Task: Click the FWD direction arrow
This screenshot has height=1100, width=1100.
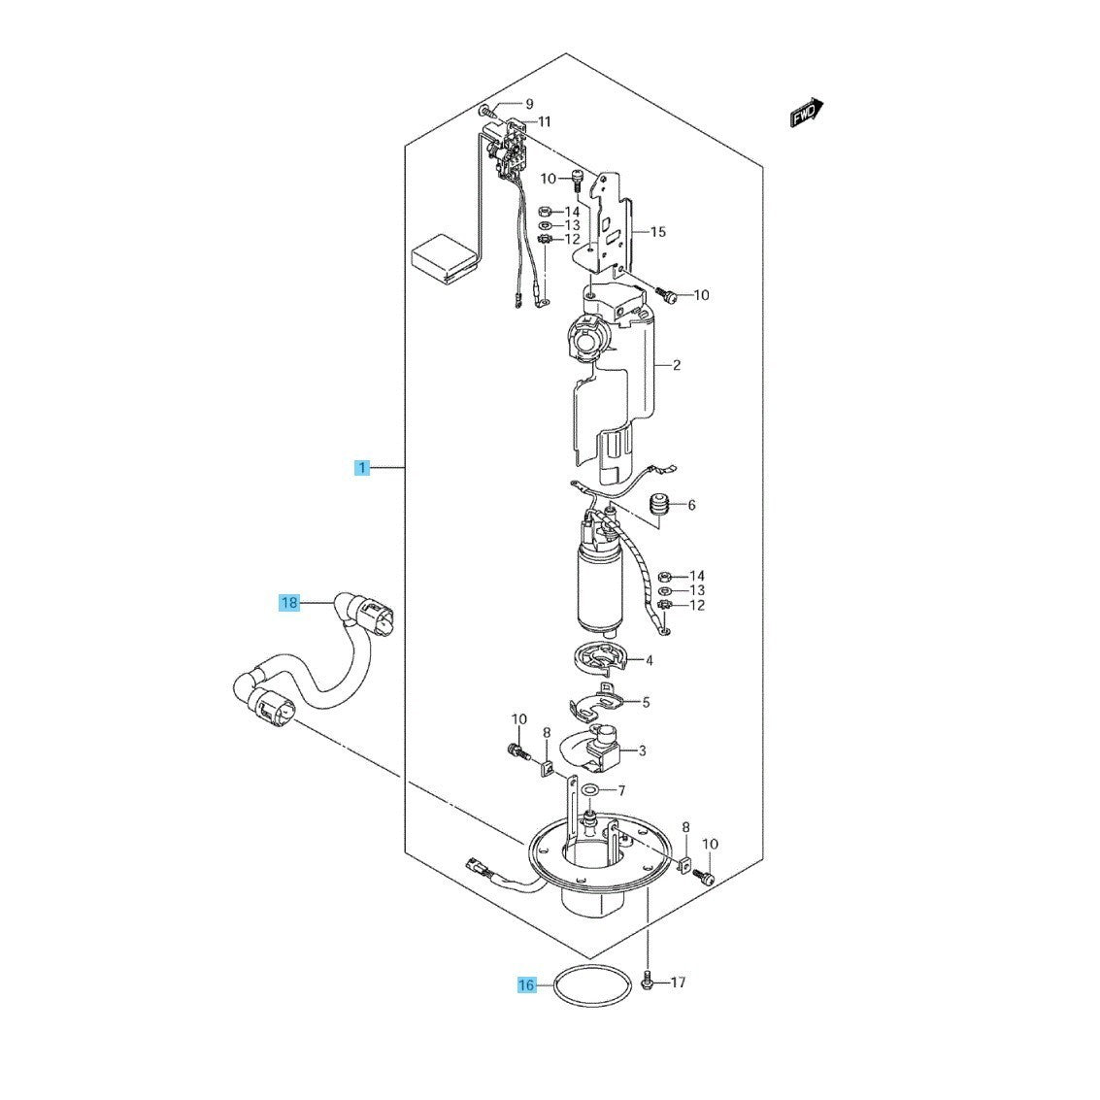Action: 807,113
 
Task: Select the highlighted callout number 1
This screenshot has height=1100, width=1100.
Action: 362,467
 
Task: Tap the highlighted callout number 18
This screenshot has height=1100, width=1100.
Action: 289,603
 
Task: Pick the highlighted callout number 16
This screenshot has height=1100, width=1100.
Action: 526,985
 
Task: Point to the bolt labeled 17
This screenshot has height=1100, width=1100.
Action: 649,981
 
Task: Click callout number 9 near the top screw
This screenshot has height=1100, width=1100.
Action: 529,104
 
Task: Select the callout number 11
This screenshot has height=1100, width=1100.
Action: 545,121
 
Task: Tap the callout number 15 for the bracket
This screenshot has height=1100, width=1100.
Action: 658,231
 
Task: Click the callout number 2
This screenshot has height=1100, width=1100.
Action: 677,365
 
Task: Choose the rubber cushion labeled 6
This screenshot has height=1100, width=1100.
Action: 658,507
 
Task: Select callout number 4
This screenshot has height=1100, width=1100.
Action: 649,660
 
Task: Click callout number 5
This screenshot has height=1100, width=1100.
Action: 646,702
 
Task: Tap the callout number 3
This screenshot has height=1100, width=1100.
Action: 642,750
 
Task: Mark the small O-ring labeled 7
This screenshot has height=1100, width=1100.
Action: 590,791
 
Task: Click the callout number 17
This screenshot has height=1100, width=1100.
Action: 678,983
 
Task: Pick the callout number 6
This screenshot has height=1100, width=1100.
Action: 691,505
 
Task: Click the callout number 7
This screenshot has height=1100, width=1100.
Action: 621,790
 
